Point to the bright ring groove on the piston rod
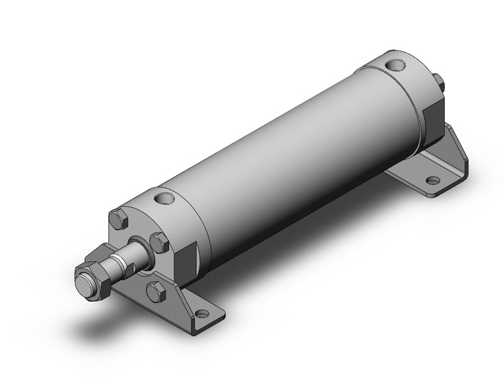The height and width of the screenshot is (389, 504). click(117, 257)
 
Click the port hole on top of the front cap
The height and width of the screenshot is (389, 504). click(162, 197)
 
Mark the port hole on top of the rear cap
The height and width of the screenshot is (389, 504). click(395, 66)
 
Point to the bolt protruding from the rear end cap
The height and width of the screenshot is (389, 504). click(438, 82)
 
